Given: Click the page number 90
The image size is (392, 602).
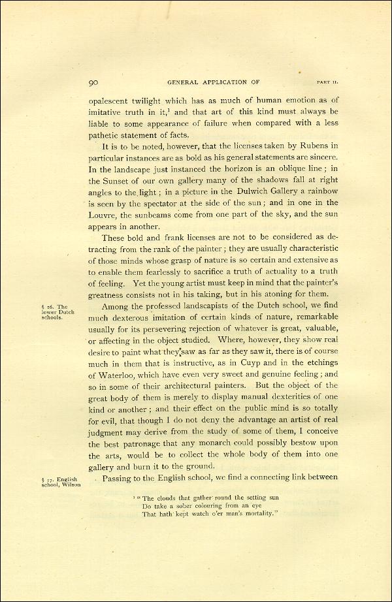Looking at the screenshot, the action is pos(93,82).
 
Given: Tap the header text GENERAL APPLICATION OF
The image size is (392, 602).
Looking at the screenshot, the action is pos(213,82).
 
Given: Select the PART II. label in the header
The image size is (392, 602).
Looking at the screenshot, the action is pos(327,82).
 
